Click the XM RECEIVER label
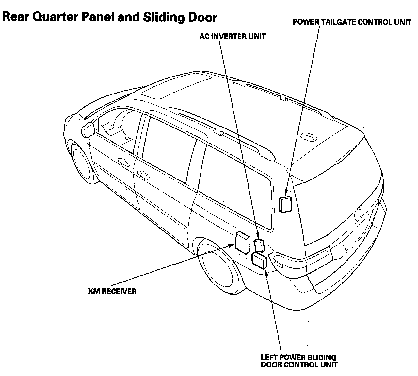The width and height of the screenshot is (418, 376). pyautogui.click(x=112, y=291)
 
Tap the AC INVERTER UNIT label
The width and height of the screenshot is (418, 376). pyautogui.click(x=232, y=36)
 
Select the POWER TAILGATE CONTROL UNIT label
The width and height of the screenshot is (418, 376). pyautogui.click(x=352, y=22)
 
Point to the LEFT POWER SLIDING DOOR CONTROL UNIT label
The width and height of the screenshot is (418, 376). pyautogui.click(x=299, y=361)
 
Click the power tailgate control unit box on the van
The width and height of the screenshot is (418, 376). pyautogui.click(x=285, y=204)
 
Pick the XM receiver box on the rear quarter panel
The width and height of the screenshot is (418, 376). pyautogui.click(x=242, y=242)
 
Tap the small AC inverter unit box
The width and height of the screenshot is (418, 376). pyautogui.click(x=260, y=245)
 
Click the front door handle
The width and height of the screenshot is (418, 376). pyautogui.click(x=123, y=161)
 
